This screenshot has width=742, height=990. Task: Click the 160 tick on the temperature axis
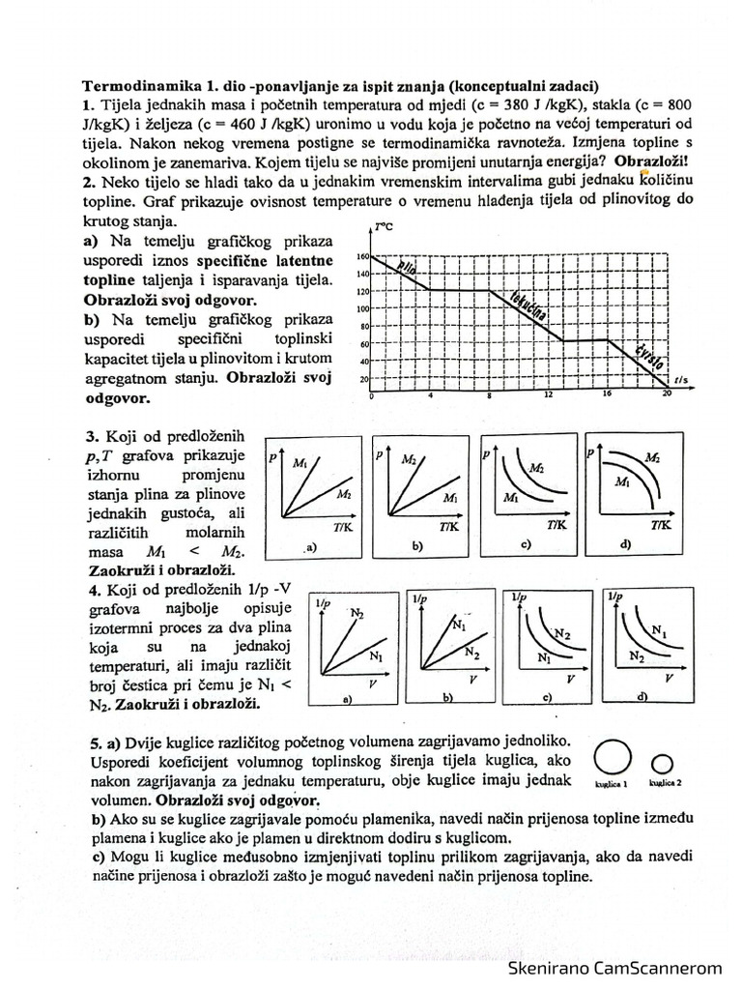click(363, 257)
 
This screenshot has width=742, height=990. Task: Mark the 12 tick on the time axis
click(549, 395)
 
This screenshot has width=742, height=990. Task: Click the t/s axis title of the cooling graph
click(681, 380)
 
